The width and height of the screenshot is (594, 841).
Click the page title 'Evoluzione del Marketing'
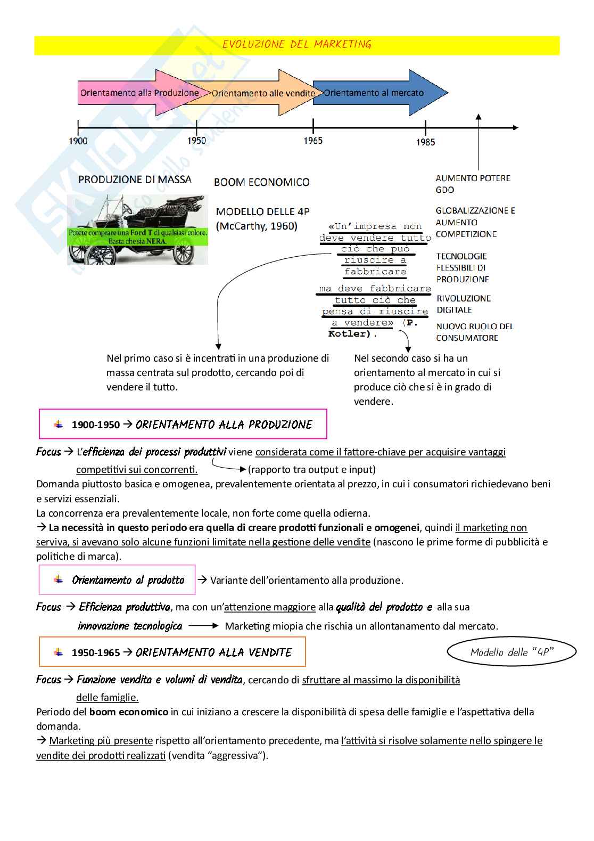(296, 45)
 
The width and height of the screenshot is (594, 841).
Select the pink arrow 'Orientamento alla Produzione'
(139, 93)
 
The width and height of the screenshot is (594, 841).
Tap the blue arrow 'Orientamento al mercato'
(374, 93)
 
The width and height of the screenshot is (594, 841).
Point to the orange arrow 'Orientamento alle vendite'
(263, 93)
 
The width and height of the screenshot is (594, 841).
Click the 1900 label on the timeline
(78, 141)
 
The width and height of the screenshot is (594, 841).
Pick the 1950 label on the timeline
(196, 141)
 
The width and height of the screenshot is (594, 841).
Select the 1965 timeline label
(313, 141)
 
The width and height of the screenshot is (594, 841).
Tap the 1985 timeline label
(425, 142)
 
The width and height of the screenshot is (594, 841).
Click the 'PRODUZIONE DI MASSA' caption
(135, 179)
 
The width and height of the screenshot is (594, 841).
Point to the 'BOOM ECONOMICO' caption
(261, 182)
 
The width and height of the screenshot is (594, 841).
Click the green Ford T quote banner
(138, 237)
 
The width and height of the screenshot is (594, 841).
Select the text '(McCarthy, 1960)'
(257, 226)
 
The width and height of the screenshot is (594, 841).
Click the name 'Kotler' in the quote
(349, 334)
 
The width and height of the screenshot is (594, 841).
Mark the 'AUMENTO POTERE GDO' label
(473, 184)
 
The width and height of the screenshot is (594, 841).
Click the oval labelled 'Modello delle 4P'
(511, 652)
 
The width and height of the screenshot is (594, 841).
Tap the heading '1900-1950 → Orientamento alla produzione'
(192, 424)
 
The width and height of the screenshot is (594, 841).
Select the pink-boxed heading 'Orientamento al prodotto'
(128, 580)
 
